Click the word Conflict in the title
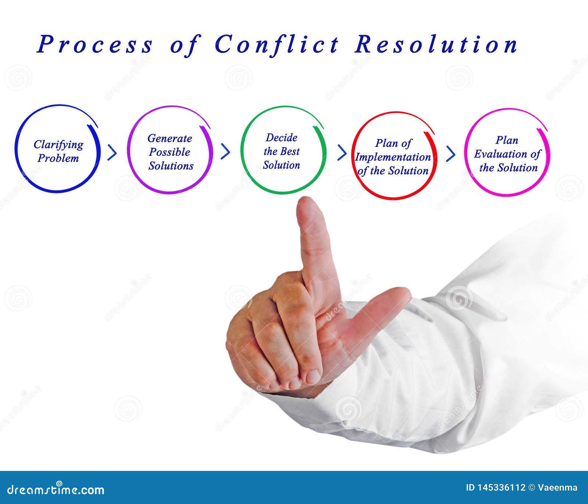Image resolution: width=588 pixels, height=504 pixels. click(x=276, y=45)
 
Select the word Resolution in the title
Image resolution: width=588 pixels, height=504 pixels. click(x=436, y=45)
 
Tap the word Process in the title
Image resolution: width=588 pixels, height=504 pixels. click(x=94, y=45)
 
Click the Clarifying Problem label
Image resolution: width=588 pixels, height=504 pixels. click(x=58, y=151)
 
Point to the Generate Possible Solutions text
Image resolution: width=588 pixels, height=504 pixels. click(x=171, y=152)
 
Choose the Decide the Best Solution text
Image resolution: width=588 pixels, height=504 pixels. click(x=282, y=151)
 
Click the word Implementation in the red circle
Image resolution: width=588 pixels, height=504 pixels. click(x=393, y=157)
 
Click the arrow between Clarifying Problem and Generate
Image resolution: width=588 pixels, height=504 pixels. click(x=112, y=152)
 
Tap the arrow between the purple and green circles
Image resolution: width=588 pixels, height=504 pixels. click(x=225, y=151)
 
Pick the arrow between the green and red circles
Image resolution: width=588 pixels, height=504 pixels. click(x=342, y=153)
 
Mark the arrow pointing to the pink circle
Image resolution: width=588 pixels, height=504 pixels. click(x=451, y=153)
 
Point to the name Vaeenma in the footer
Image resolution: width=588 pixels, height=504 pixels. click(x=557, y=488)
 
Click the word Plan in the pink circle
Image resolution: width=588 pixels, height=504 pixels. click(x=507, y=140)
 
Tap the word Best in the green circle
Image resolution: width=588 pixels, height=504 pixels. click(x=290, y=151)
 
